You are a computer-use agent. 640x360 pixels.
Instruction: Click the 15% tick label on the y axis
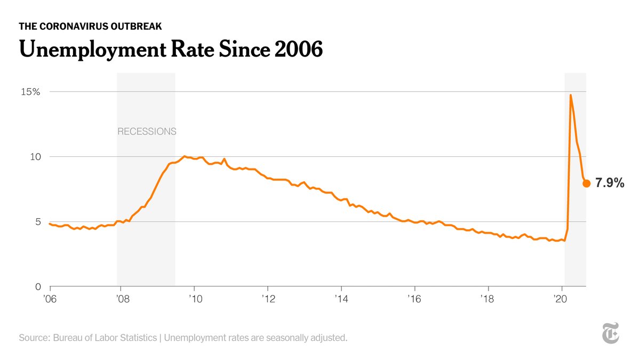pyautogui.click(x=30, y=92)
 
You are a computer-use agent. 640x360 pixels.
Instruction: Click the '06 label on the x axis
pyautogui.click(x=51, y=299)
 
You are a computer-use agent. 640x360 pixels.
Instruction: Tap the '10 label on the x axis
pyautogui.click(x=194, y=299)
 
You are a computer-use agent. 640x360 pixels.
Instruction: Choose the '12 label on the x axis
pyautogui.click(x=267, y=299)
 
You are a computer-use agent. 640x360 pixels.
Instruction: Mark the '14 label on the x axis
pyautogui.click(x=341, y=299)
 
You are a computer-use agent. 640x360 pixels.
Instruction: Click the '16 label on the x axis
pyautogui.click(x=414, y=299)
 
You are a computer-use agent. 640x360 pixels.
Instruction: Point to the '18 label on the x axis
pyautogui.click(x=487, y=299)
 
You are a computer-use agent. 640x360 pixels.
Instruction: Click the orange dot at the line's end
pyautogui.click(x=586, y=183)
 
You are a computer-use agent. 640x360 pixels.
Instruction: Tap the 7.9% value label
pyautogui.click(x=610, y=183)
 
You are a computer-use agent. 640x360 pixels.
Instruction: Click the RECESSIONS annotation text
pyautogui.click(x=147, y=131)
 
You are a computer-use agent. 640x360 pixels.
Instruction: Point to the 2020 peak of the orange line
pyautogui.click(x=571, y=95)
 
